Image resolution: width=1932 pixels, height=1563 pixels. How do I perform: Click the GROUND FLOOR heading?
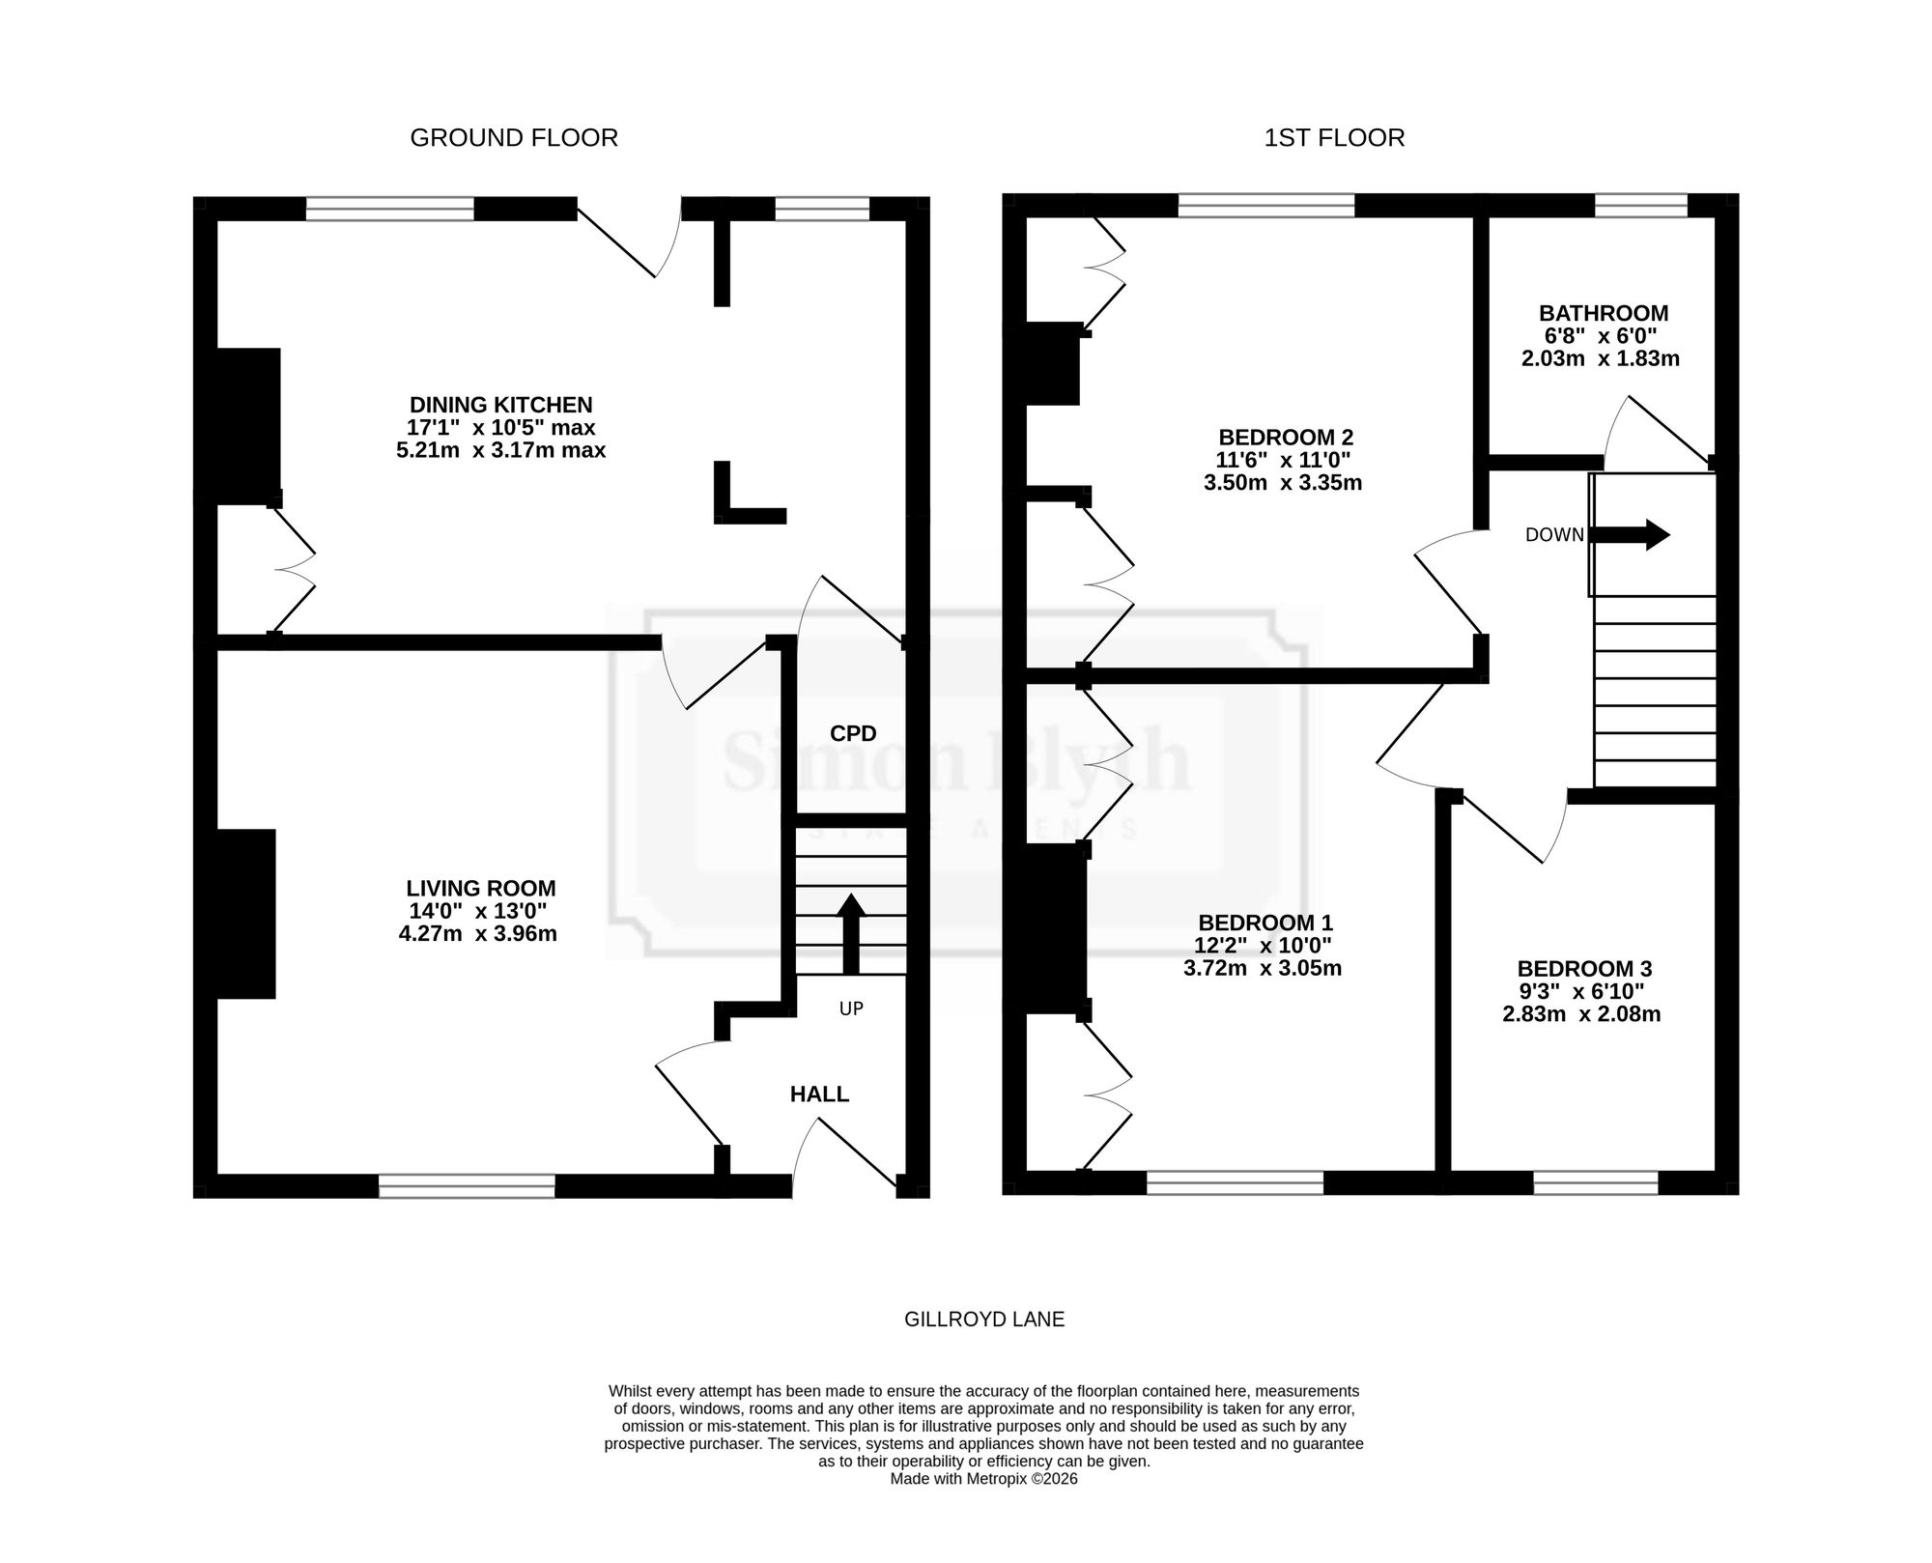tap(514, 138)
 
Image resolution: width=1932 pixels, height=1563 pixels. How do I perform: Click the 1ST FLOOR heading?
tap(1334, 138)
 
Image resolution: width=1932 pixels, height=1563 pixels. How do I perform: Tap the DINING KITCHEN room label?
tap(500, 405)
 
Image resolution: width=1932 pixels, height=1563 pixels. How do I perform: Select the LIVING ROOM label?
tap(481, 889)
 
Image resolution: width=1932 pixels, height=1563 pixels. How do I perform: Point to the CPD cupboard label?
tap(853, 734)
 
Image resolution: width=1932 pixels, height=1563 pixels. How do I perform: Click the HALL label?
tap(819, 1094)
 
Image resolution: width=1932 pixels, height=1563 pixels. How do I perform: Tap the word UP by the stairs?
tap(851, 1009)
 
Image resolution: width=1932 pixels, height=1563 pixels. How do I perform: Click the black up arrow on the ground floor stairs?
tap(850, 933)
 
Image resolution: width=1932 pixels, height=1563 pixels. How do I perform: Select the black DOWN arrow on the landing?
tap(1630, 534)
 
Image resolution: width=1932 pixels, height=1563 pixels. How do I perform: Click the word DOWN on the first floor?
tap(1554, 535)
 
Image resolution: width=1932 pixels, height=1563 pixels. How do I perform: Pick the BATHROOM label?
tap(1604, 314)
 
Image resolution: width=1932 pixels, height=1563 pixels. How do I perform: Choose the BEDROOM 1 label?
tap(1265, 923)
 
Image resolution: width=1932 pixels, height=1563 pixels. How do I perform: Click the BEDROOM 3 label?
tap(1584, 969)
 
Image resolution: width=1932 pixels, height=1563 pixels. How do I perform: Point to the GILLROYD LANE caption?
tap(984, 1320)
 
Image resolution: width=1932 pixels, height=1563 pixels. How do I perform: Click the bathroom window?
tap(1640, 206)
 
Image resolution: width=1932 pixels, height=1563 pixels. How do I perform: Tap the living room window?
tap(467, 1186)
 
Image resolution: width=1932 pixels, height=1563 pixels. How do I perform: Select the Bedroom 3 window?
tap(1596, 1183)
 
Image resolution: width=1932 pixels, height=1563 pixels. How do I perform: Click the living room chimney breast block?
tap(245, 914)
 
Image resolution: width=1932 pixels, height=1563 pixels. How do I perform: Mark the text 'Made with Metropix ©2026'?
tap(983, 1479)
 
